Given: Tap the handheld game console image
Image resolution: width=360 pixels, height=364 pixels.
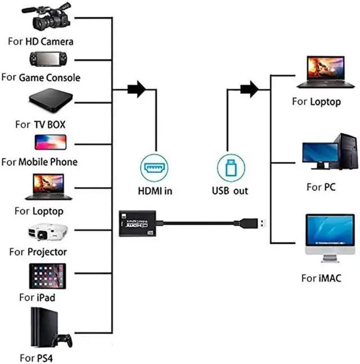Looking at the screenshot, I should pos(49,59).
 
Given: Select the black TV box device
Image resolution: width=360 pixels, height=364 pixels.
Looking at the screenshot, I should pos(51,99).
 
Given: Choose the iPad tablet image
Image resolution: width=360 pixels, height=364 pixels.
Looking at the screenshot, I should pos(48,276).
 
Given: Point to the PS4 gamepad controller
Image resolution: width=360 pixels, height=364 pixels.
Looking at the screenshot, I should pos(62,340).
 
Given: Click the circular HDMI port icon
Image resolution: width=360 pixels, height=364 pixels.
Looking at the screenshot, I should pos(154,167).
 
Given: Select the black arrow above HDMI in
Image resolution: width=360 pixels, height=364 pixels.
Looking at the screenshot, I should pos(137,89).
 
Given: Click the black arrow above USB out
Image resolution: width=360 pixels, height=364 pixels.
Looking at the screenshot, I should pos(249,89).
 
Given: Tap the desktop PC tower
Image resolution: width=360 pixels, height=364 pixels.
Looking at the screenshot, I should pos(346,152).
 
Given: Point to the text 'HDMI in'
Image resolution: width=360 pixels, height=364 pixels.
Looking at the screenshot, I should pos(155,191).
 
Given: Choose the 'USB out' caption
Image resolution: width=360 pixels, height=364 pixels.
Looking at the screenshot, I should pos(229,191).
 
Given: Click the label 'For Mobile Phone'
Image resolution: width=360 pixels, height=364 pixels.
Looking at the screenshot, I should pos(39,162).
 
